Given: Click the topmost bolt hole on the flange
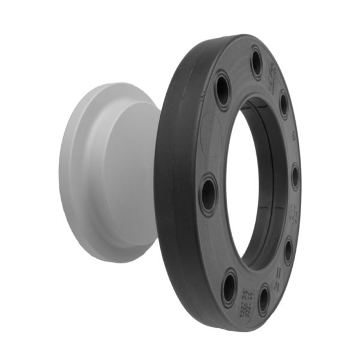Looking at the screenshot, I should [x=256, y=62].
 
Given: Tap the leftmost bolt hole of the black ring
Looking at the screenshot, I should [x=208, y=194].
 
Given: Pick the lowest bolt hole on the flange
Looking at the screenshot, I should [x=263, y=299].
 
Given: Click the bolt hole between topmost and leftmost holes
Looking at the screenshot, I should [x=223, y=90].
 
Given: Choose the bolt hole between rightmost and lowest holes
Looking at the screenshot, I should [x=288, y=250].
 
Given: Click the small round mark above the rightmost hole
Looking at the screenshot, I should [x=293, y=137].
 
